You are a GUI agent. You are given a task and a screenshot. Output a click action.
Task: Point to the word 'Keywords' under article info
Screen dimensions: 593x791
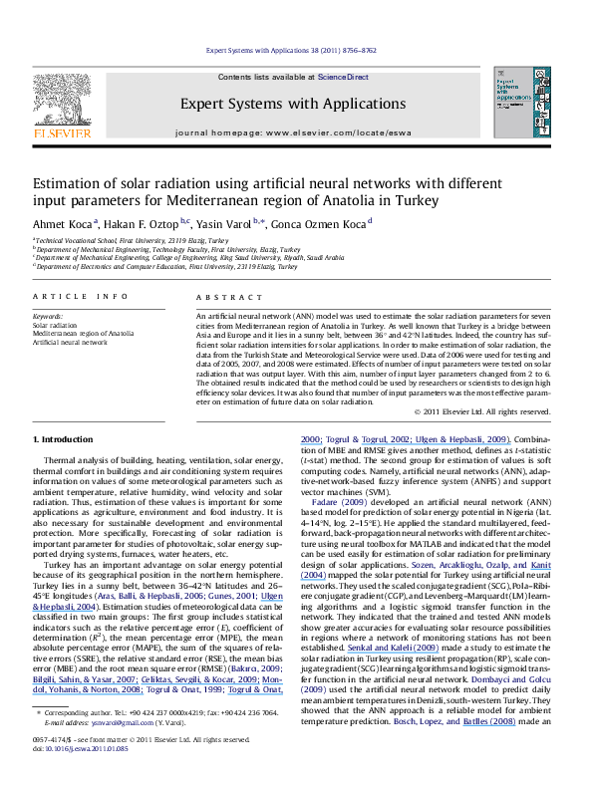(x=47, y=316)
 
